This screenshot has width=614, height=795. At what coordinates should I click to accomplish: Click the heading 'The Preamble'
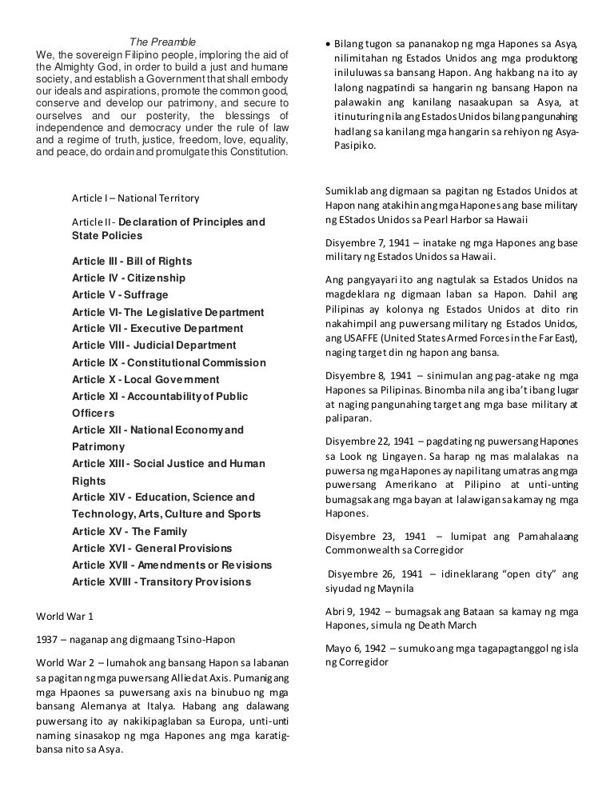pos(162,42)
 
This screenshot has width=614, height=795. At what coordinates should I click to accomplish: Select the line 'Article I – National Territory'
pos(135,198)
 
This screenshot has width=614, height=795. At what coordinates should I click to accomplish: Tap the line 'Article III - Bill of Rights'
pos(132,262)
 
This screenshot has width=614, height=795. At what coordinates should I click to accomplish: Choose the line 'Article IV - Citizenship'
pos(129,278)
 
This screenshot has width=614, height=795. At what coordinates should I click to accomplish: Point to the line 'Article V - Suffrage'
pos(120,295)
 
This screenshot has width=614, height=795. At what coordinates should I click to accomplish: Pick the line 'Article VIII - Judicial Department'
pos(154,346)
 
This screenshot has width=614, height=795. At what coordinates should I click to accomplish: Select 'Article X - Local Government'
pos(146,379)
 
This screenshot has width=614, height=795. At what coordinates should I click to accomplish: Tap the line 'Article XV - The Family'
pos(130,531)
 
